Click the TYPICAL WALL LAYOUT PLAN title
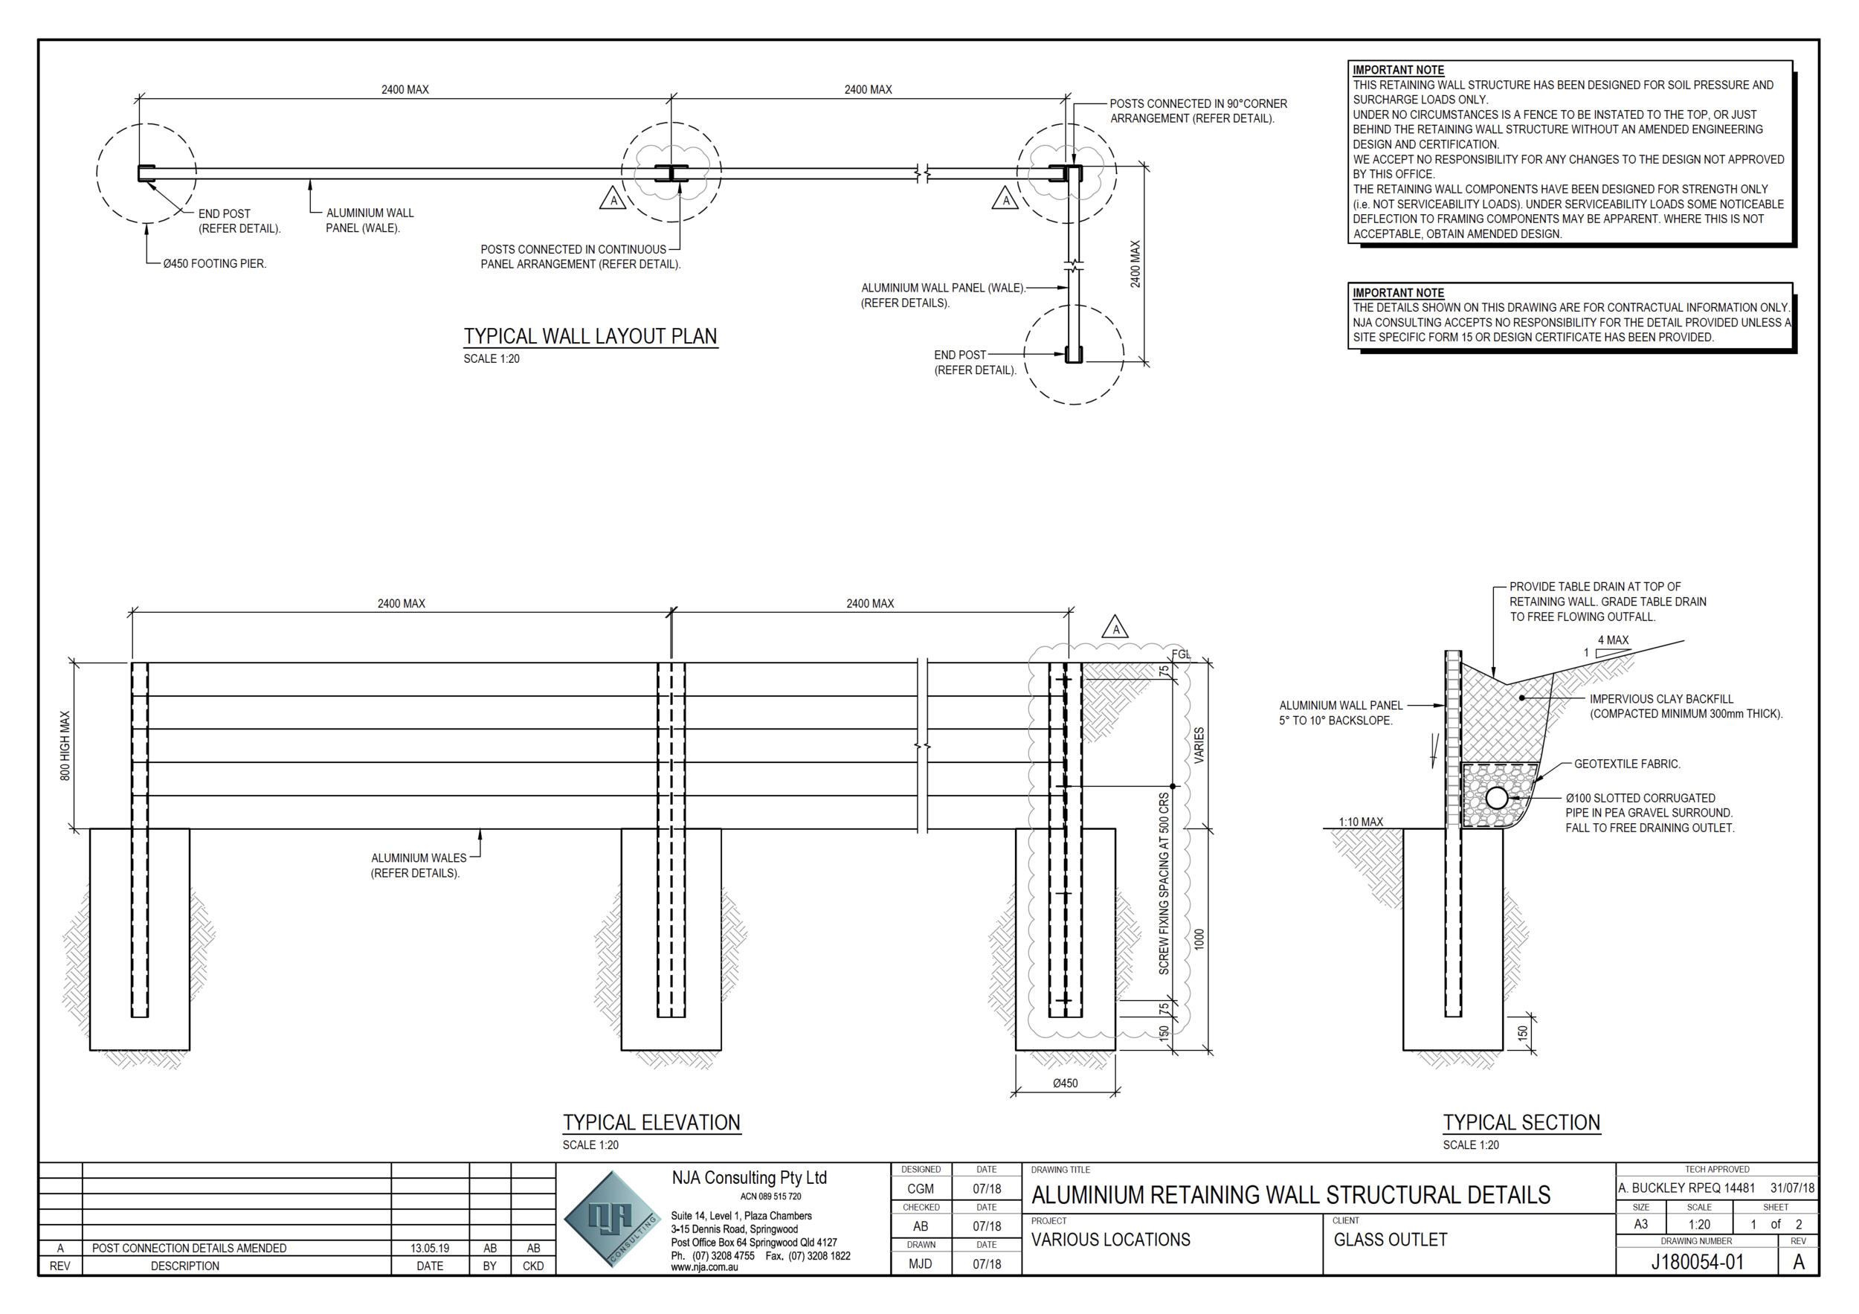coord(590,336)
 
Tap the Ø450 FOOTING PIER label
coord(215,263)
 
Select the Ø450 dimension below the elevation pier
coord(1065,1083)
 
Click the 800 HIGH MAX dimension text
coord(65,746)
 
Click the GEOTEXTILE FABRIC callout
coord(1627,764)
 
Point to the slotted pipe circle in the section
coord(1497,798)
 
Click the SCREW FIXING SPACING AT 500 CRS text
coord(1164,883)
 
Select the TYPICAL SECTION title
coord(1521,1122)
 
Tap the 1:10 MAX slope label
coord(1361,822)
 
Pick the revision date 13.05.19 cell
coord(429,1248)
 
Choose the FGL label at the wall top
coord(1182,654)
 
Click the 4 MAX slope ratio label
coord(1613,640)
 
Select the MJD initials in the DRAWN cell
coord(921,1263)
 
